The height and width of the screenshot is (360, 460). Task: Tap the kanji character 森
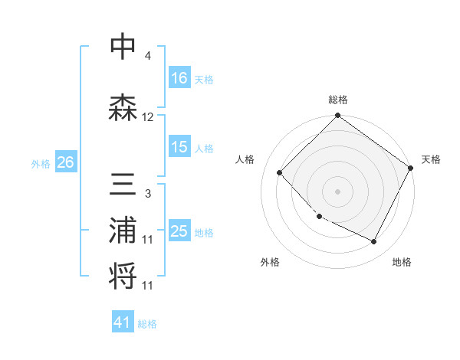pyautogui.click(x=123, y=106)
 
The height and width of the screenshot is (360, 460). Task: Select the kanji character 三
pyautogui.click(x=123, y=185)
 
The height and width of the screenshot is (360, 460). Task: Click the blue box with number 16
pyautogui.click(x=179, y=78)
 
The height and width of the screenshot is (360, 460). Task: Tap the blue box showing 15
pyautogui.click(x=179, y=147)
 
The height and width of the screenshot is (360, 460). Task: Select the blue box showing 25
pyautogui.click(x=179, y=231)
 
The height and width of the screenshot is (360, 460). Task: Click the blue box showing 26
pyautogui.click(x=66, y=162)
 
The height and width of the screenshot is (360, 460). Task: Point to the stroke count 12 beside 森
pyautogui.click(x=148, y=117)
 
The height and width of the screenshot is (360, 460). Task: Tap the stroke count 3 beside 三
pyautogui.click(x=147, y=194)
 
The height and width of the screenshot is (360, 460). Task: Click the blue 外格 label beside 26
pyautogui.click(x=41, y=163)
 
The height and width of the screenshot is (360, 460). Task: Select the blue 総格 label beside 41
pyautogui.click(x=147, y=324)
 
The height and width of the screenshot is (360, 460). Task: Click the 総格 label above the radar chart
pyautogui.click(x=337, y=100)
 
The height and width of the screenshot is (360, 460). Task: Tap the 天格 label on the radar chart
pyautogui.click(x=431, y=159)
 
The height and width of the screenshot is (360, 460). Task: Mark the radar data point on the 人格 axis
pyautogui.click(x=280, y=172)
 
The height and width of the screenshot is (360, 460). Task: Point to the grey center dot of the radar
pyautogui.click(x=337, y=191)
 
